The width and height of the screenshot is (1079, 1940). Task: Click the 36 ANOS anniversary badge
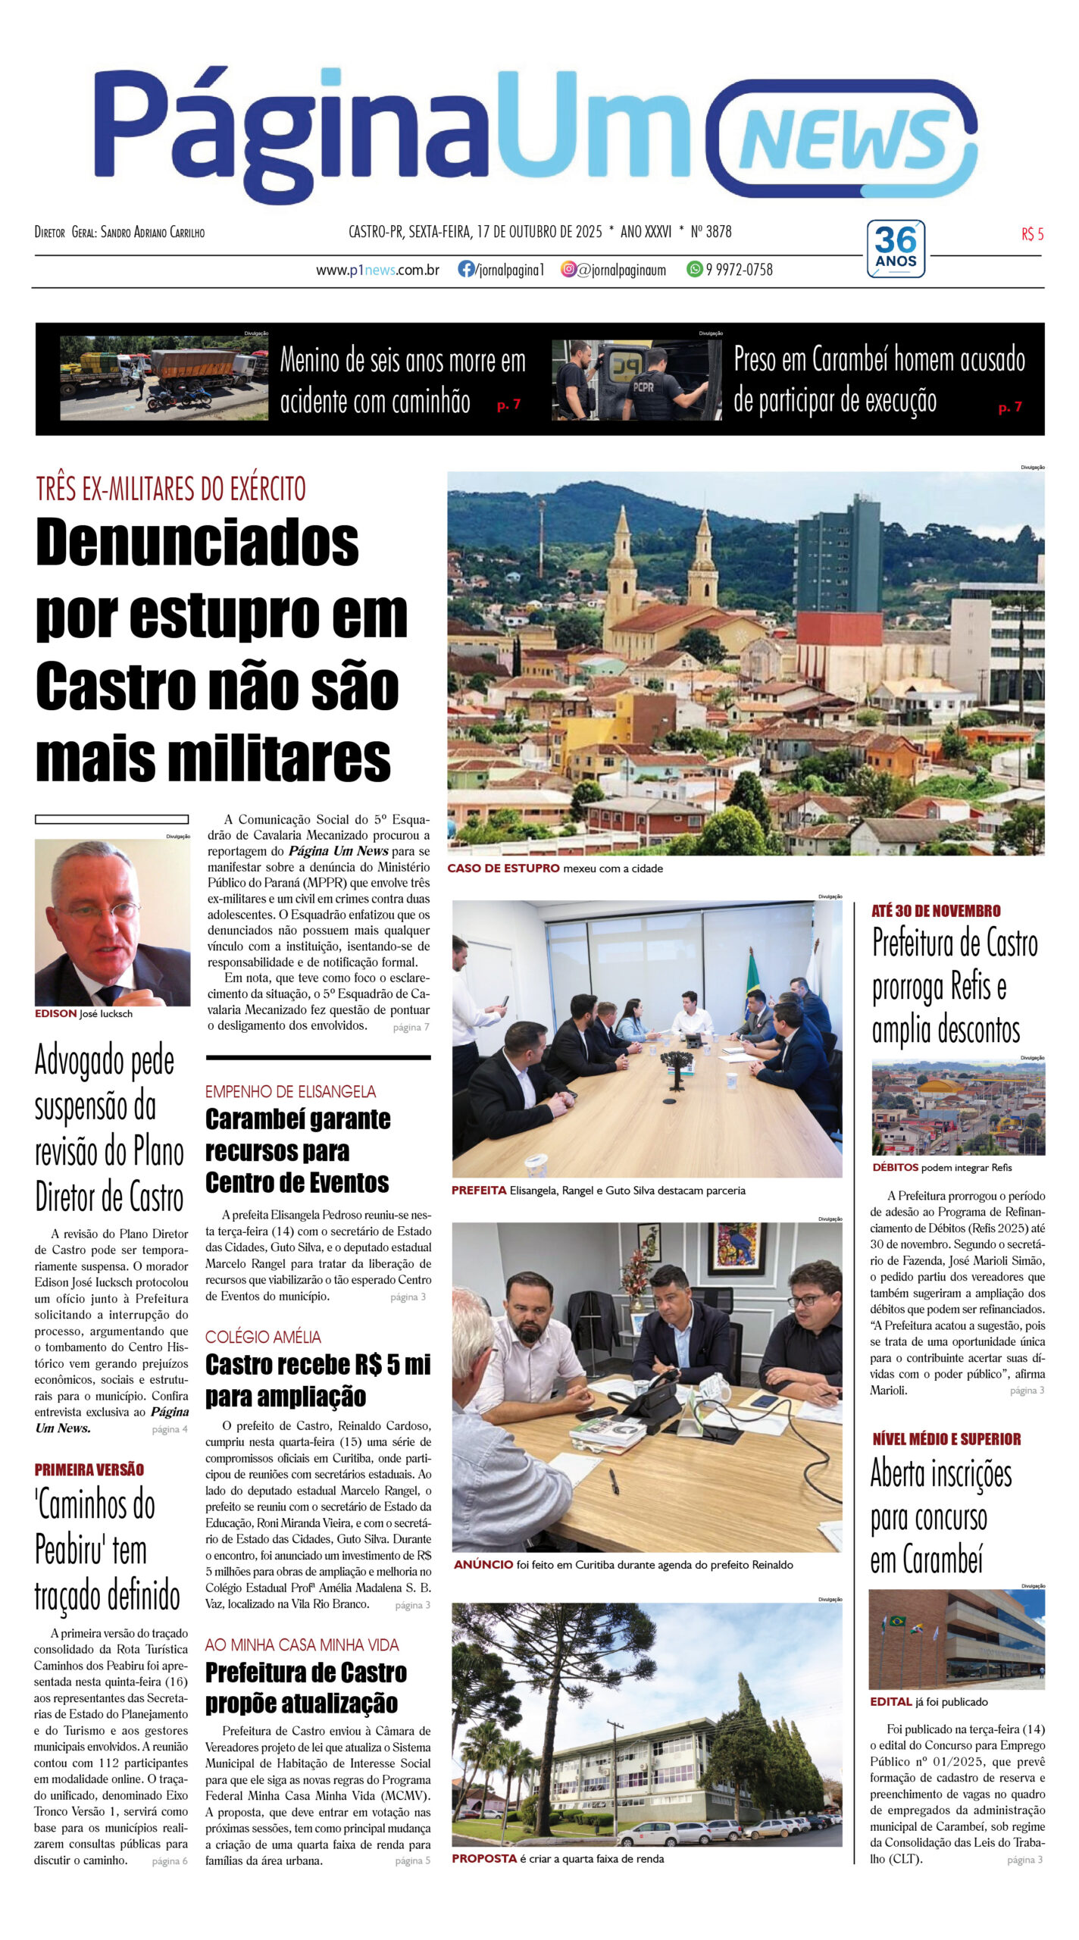(x=896, y=249)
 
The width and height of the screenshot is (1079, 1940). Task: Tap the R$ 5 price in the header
(x=1032, y=234)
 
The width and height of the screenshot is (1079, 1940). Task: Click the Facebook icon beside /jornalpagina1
(x=466, y=269)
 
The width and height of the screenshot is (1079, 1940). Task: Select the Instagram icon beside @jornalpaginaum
(x=568, y=269)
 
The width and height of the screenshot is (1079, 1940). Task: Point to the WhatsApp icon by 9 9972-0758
(x=694, y=269)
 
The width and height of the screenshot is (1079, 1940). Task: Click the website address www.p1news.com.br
(x=377, y=270)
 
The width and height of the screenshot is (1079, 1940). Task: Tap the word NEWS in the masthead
(x=845, y=140)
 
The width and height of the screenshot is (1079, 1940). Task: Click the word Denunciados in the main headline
(x=197, y=543)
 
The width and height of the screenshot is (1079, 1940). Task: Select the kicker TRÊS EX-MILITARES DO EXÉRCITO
(x=170, y=489)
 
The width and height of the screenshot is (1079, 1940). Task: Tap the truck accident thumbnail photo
(x=164, y=377)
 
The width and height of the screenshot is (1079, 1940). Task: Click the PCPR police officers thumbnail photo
(x=636, y=379)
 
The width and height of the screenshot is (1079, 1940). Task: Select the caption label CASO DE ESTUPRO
(x=503, y=868)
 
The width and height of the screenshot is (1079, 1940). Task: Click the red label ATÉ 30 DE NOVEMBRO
(x=936, y=911)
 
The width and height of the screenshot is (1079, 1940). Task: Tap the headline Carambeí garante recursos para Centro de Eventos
(x=297, y=1150)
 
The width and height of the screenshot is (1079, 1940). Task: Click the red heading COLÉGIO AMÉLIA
(x=263, y=1337)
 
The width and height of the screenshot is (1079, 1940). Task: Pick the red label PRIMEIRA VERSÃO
(x=89, y=1469)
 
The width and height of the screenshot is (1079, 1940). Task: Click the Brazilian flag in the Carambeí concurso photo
(x=897, y=1621)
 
